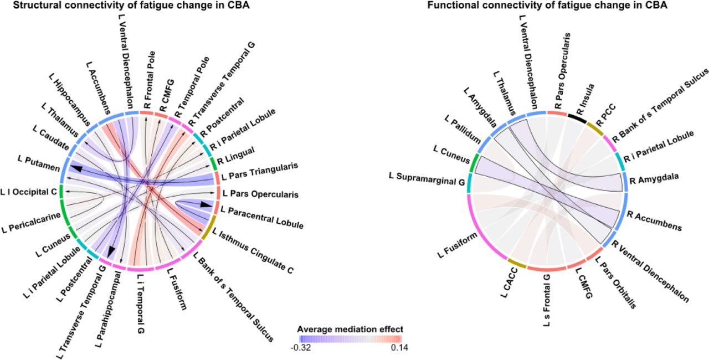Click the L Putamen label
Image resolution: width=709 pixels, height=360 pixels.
[x=39, y=163]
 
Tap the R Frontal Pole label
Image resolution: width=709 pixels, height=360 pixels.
[x=150, y=80]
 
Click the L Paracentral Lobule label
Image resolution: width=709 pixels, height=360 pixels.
[x=262, y=217]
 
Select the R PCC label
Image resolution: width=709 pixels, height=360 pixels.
[x=606, y=115]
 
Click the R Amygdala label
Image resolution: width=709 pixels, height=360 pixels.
[x=654, y=178]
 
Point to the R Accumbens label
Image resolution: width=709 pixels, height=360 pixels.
[x=654, y=221]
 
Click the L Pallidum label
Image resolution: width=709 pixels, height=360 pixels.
[x=463, y=129]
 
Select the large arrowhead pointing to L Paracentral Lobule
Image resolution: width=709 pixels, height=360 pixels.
[x=205, y=204]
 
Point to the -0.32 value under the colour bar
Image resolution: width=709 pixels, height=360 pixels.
[x=301, y=348]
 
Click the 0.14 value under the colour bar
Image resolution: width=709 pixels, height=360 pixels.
[x=399, y=348]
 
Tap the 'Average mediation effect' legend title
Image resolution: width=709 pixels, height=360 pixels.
[x=350, y=330]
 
